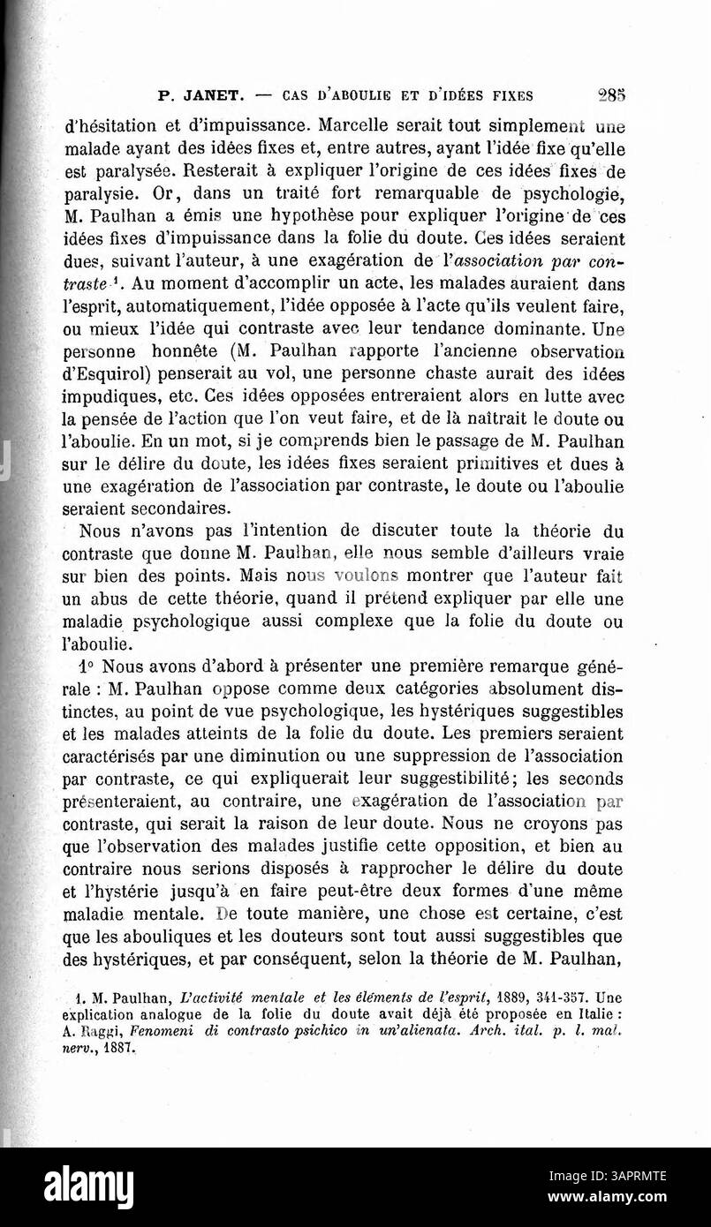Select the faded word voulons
pyautogui.click(x=353, y=576)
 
